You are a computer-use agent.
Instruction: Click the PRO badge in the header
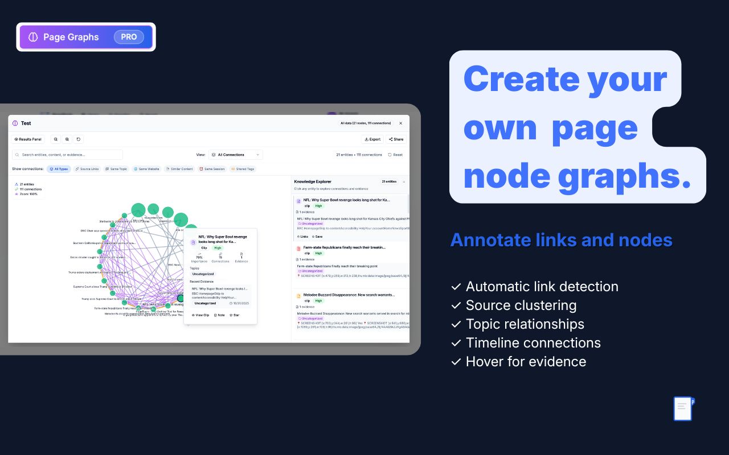click(x=129, y=37)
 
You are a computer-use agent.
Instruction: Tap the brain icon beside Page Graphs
click(x=33, y=37)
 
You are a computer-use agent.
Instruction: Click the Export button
click(x=372, y=139)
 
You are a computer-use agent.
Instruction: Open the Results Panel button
click(x=28, y=139)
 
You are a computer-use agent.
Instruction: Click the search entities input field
click(x=68, y=155)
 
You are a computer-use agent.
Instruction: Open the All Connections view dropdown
click(x=236, y=155)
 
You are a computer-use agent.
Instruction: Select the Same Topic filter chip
click(x=117, y=169)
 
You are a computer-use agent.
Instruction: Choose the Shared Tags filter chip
click(x=243, y=169)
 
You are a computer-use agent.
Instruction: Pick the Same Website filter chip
click(x=147, y=169)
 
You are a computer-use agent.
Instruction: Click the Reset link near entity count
click(x=395, y=155)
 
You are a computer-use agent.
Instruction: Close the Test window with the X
click(x=400, y=123)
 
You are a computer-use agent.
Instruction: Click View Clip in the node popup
click(x=200, y=315)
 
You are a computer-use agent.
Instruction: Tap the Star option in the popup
click(x=235, y=315)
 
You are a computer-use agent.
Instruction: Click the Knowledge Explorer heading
click(x=313, y=181)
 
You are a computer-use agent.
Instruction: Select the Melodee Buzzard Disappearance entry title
click(x=349, y=295)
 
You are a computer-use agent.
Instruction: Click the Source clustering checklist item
click(x=521, y=305)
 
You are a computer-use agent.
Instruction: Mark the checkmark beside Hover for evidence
click(x=456, y=362)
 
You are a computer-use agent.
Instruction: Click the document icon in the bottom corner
click(x=682, y=408)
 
